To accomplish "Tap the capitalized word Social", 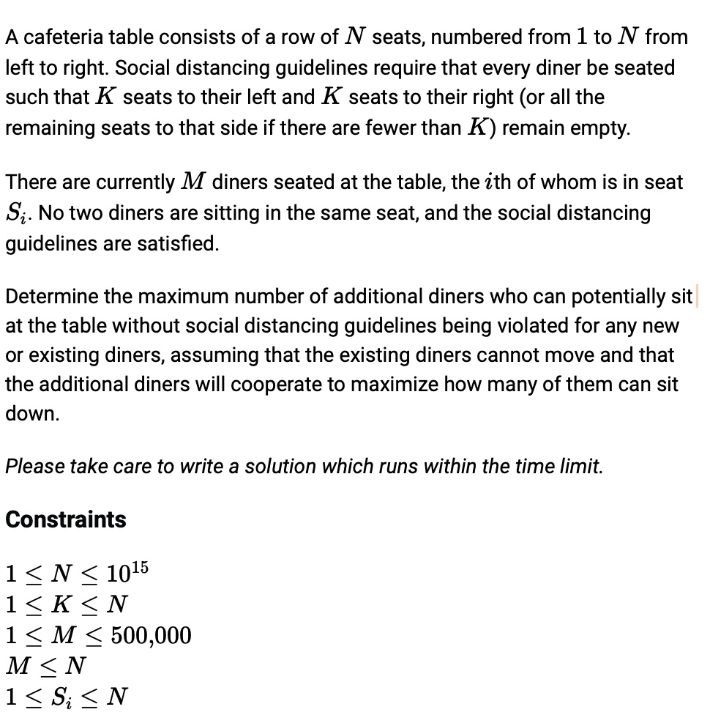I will coord(141,67).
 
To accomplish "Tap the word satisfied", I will coord(176,243).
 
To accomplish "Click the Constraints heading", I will coord(66,519).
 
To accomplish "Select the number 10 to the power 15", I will coord(127,572).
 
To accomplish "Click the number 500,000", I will coord(151,635).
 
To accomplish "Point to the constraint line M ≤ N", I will coord(45,666).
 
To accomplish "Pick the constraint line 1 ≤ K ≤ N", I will coord(67,604).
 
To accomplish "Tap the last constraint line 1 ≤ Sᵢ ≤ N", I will coord(67,696).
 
